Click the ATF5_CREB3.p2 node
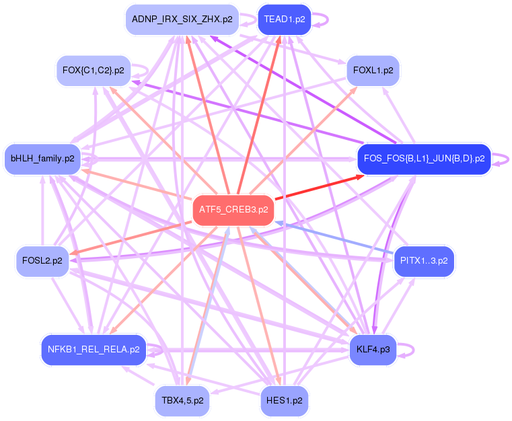[233, 210]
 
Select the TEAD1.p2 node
[284, 20]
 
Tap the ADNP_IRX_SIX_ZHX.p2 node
[182, 20]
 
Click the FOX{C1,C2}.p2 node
[93, 70]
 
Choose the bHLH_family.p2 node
[42, 159]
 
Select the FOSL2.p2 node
[42, 260]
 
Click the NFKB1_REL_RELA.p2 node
[94, 349]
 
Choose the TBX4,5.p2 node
[182, 400]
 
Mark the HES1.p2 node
[284, 400]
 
